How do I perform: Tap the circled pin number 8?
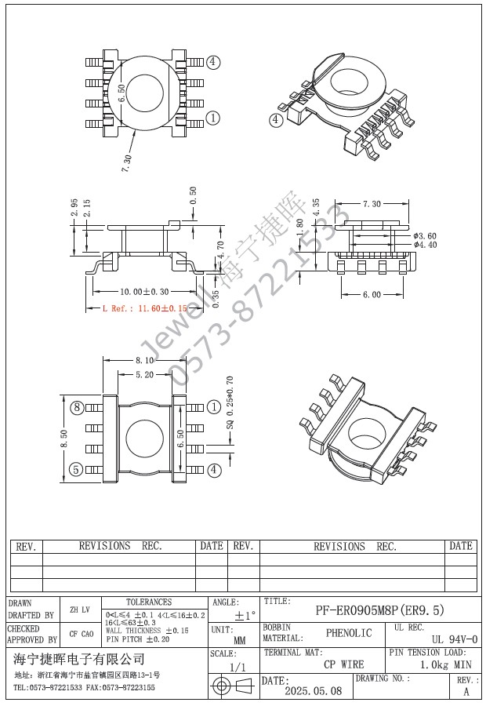77,407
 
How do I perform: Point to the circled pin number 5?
77,470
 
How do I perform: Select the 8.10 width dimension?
144,360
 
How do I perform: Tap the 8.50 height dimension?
64,438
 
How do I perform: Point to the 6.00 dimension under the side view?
372,295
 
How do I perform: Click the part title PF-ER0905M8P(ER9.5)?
379,610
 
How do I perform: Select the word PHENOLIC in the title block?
349,633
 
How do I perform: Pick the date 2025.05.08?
313,691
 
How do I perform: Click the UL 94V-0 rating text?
454,640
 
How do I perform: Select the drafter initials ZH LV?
79,609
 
